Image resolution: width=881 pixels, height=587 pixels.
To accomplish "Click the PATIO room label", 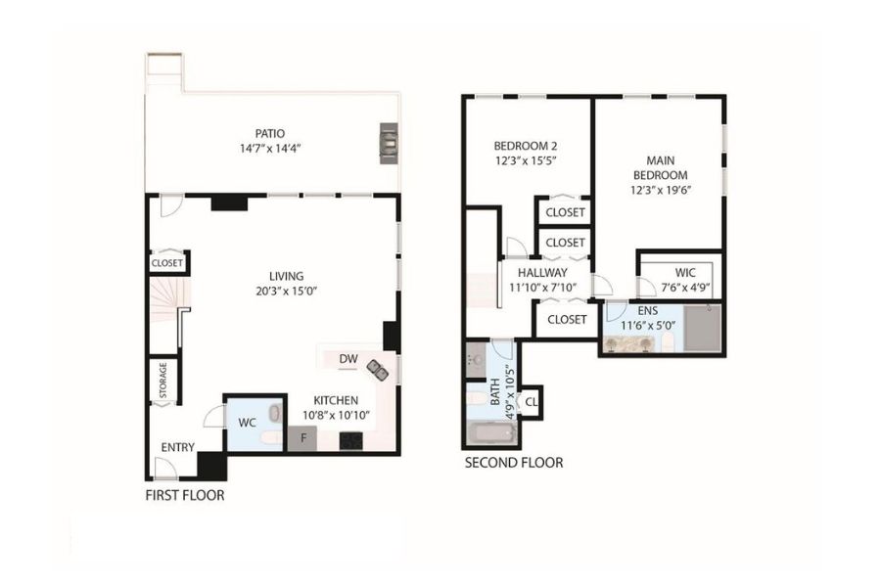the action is click(x=270, y=134).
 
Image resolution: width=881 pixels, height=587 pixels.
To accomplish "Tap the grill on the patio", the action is click(x=389, y=143).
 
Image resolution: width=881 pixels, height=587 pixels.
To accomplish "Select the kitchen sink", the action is click(x=377, y=370).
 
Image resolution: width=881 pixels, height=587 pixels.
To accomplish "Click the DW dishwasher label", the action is click(x=348, y=359).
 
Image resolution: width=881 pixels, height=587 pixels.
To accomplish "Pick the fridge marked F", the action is click(x=302, y=438).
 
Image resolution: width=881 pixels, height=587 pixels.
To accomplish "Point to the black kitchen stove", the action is click(x=351, y=441).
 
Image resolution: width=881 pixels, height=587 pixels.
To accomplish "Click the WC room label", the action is click(x=248, y=423).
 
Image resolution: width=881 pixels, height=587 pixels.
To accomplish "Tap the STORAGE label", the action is click(x=162, y=381).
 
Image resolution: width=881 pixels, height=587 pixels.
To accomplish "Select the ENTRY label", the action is click(x=177, y=448).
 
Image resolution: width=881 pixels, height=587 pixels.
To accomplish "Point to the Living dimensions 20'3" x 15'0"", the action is click(x=287, y=291).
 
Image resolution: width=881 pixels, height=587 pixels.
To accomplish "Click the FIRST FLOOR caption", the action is click(x=185, y=495).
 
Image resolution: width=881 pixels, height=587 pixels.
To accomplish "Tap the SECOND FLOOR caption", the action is click(x=514, y=463).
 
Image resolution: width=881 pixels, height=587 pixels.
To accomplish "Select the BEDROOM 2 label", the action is click(x=526, y=146).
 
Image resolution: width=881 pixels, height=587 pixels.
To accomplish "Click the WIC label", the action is click(x=685, y=273).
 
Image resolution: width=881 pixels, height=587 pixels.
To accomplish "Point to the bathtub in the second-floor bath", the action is click(x=491, y=434).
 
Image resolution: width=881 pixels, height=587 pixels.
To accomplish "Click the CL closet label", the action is click(x=531, y=402).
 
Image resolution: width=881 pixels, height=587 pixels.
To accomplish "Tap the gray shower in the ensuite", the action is click(x=702, y=328).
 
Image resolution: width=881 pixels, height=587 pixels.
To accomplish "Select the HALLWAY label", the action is click(x=542, y=273).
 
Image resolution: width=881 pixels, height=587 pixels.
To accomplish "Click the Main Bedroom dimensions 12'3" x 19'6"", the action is click(x=660, y=190).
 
